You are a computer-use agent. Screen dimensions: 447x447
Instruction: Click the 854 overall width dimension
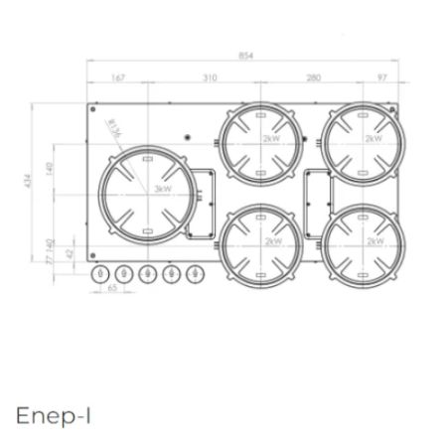point(246,57)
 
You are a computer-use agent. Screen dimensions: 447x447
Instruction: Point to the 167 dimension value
point(118,76)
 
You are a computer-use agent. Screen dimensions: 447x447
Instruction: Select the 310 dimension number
point(210,76)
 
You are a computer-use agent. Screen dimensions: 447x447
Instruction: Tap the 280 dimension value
point(314,76)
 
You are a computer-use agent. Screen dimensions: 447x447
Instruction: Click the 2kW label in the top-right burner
point(372,140)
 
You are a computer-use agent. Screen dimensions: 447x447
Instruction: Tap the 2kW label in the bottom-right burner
point(374,240)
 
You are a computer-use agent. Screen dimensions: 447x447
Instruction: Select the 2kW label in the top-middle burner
point(271,140)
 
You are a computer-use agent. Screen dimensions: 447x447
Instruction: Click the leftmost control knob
point(98,273)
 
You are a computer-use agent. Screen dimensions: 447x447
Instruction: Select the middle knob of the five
point(148,273)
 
